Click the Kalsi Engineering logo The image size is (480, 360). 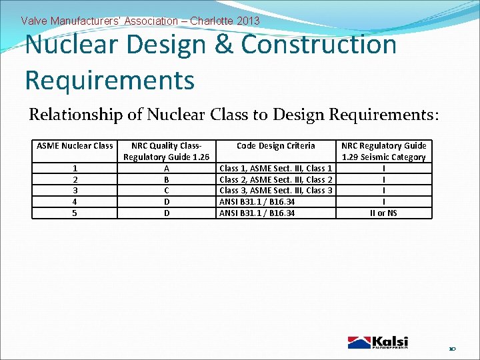377,342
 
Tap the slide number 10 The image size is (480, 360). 452,349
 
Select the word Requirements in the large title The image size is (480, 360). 109,80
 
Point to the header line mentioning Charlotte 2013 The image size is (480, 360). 140,21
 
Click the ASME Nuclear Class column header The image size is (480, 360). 75,146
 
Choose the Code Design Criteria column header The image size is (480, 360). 276,146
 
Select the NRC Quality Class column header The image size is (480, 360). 167,151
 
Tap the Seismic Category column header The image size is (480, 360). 383,151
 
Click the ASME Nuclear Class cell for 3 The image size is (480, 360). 75,191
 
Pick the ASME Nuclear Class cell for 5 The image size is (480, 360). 75,213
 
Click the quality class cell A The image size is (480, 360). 167,169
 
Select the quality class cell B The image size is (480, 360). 167,180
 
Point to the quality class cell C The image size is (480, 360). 167,191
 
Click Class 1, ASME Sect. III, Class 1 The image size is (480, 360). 276,169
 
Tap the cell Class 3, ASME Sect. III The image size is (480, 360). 276,191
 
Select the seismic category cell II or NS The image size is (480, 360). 383,213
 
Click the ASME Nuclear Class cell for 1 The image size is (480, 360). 75,169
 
